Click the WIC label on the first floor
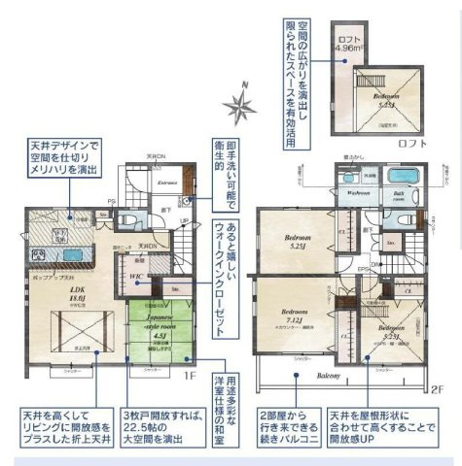pyautogui.click(x=137, y=277)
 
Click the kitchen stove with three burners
pyautogui.click(x=39, y=255)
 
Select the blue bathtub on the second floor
pyautogui.click(x=399, y=179)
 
